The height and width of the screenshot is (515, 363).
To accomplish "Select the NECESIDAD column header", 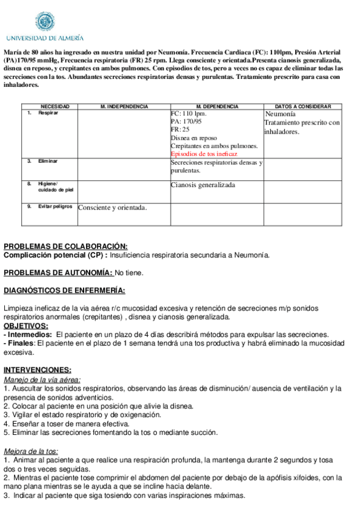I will coord(55,107).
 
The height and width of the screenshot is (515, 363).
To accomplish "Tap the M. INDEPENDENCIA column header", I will coord(124,107).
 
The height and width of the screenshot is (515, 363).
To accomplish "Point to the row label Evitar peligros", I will coord(55,206).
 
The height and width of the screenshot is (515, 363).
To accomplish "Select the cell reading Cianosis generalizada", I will coord(202,185).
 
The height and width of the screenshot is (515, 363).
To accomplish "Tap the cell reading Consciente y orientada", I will coord(113,208).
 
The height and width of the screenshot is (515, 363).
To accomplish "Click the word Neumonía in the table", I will coord(280,114).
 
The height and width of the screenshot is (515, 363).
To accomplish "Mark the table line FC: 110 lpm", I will coord(188,114).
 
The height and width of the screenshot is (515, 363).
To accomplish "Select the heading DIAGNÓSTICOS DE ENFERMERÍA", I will coord(64,290).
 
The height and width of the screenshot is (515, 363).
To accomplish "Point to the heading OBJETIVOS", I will coord(25,326).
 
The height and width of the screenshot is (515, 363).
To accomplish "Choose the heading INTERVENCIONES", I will coord(38,369).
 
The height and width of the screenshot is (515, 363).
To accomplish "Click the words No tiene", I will coord(129,273).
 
